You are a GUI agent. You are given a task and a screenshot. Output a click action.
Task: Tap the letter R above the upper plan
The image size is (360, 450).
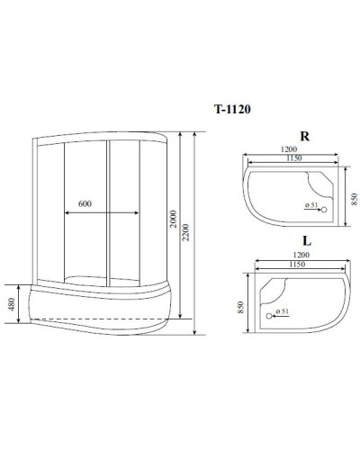click(305, 138)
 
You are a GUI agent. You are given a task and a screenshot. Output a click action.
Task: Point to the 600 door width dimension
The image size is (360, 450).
click(85, 204)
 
